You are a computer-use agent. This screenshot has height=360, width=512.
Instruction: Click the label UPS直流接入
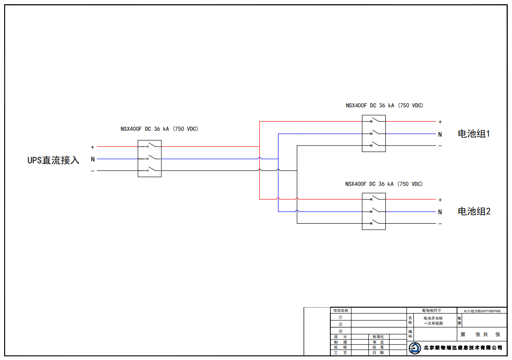point(53,160)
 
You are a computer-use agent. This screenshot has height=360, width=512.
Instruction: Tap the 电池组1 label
point(474,134)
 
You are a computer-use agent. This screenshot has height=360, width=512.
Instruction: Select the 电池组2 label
point(474,212)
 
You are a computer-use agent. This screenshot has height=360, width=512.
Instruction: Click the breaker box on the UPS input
point(150,159)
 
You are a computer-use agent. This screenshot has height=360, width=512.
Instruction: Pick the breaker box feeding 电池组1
point(373,134)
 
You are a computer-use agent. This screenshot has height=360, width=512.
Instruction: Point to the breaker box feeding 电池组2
point(373,211)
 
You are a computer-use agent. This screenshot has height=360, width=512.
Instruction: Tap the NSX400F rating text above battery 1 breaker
point(384,105)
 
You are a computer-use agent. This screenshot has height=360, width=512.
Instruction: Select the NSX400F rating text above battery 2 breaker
point(384,184)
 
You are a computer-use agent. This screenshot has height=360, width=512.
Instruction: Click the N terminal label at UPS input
point(93,159)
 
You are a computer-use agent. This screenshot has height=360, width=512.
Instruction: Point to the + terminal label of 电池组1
point(440,122)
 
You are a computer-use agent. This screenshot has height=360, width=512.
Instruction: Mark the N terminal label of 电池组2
point(440,212)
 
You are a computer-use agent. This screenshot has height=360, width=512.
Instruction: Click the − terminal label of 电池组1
point(440,146)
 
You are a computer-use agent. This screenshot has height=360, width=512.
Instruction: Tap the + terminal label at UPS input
point(93,147)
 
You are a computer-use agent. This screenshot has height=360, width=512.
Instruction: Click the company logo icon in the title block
point(415,348)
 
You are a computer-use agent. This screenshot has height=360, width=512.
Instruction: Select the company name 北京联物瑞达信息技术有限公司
point(463,348)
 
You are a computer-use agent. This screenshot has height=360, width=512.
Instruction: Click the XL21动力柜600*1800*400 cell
point(482,311)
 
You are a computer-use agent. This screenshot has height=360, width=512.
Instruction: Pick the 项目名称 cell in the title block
point(340,310)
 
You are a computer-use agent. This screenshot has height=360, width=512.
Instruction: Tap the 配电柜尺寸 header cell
point(431,310)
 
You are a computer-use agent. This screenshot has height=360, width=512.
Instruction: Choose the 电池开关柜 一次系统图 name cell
point(433,321)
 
